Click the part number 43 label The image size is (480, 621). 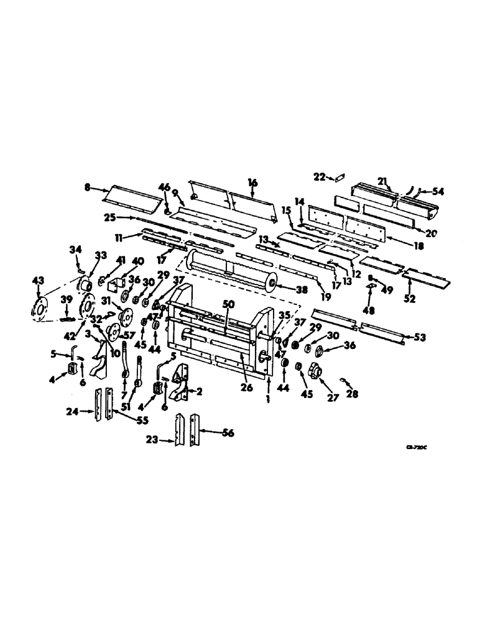click(x=39, y=281)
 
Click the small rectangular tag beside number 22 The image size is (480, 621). click(x=339, y=178)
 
